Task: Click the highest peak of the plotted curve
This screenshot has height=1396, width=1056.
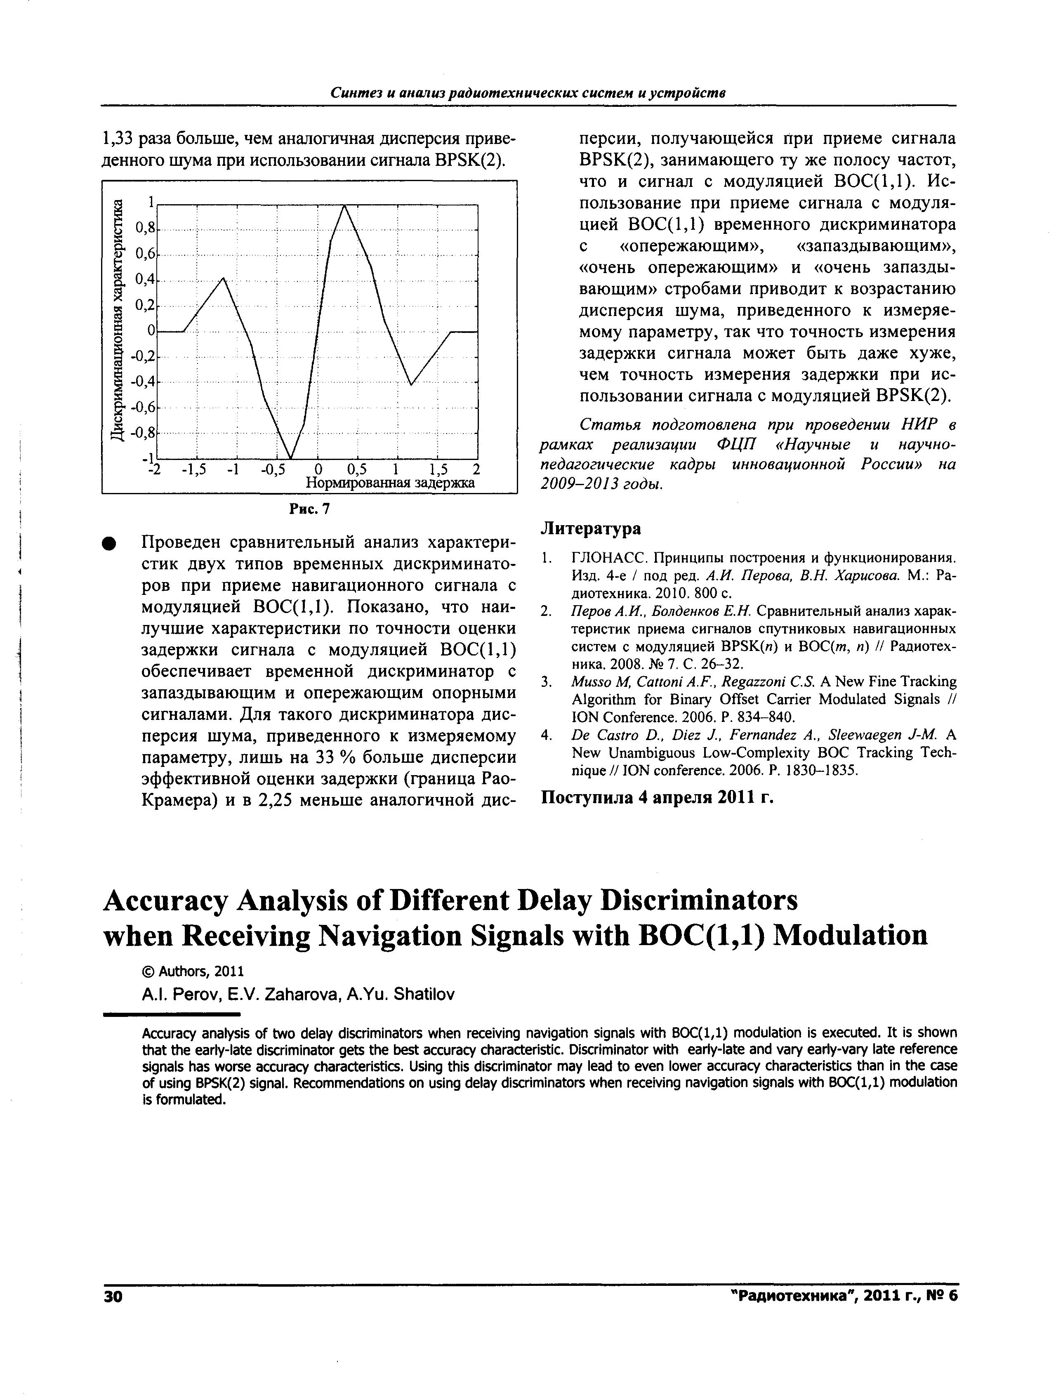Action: [x=344, y=205]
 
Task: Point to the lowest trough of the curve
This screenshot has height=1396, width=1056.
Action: [x=290, y=458]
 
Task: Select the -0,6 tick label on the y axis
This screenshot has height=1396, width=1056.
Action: [x=144, y=407]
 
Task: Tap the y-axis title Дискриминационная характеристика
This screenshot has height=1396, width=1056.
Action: [x=117, y=320]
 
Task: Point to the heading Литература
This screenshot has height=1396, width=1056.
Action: [x=591, y=528]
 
